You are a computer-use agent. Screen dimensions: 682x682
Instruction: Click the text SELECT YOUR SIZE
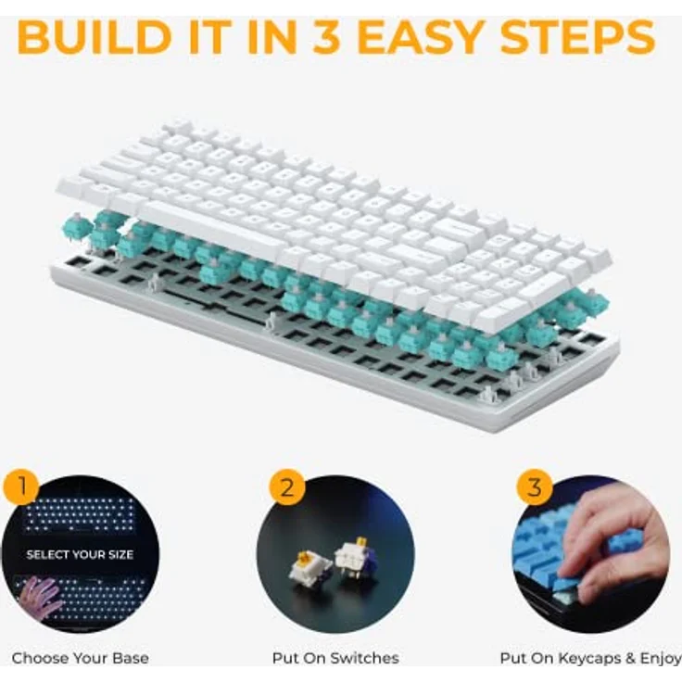(x=80, y=555)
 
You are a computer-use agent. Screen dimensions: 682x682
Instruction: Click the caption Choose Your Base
(x=80, y=659)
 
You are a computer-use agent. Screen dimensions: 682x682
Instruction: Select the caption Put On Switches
(x=335, y=659)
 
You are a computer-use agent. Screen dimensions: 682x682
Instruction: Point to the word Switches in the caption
(x=367, y=659)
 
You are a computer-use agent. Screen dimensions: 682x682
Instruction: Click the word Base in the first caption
(x=130, y=659)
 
